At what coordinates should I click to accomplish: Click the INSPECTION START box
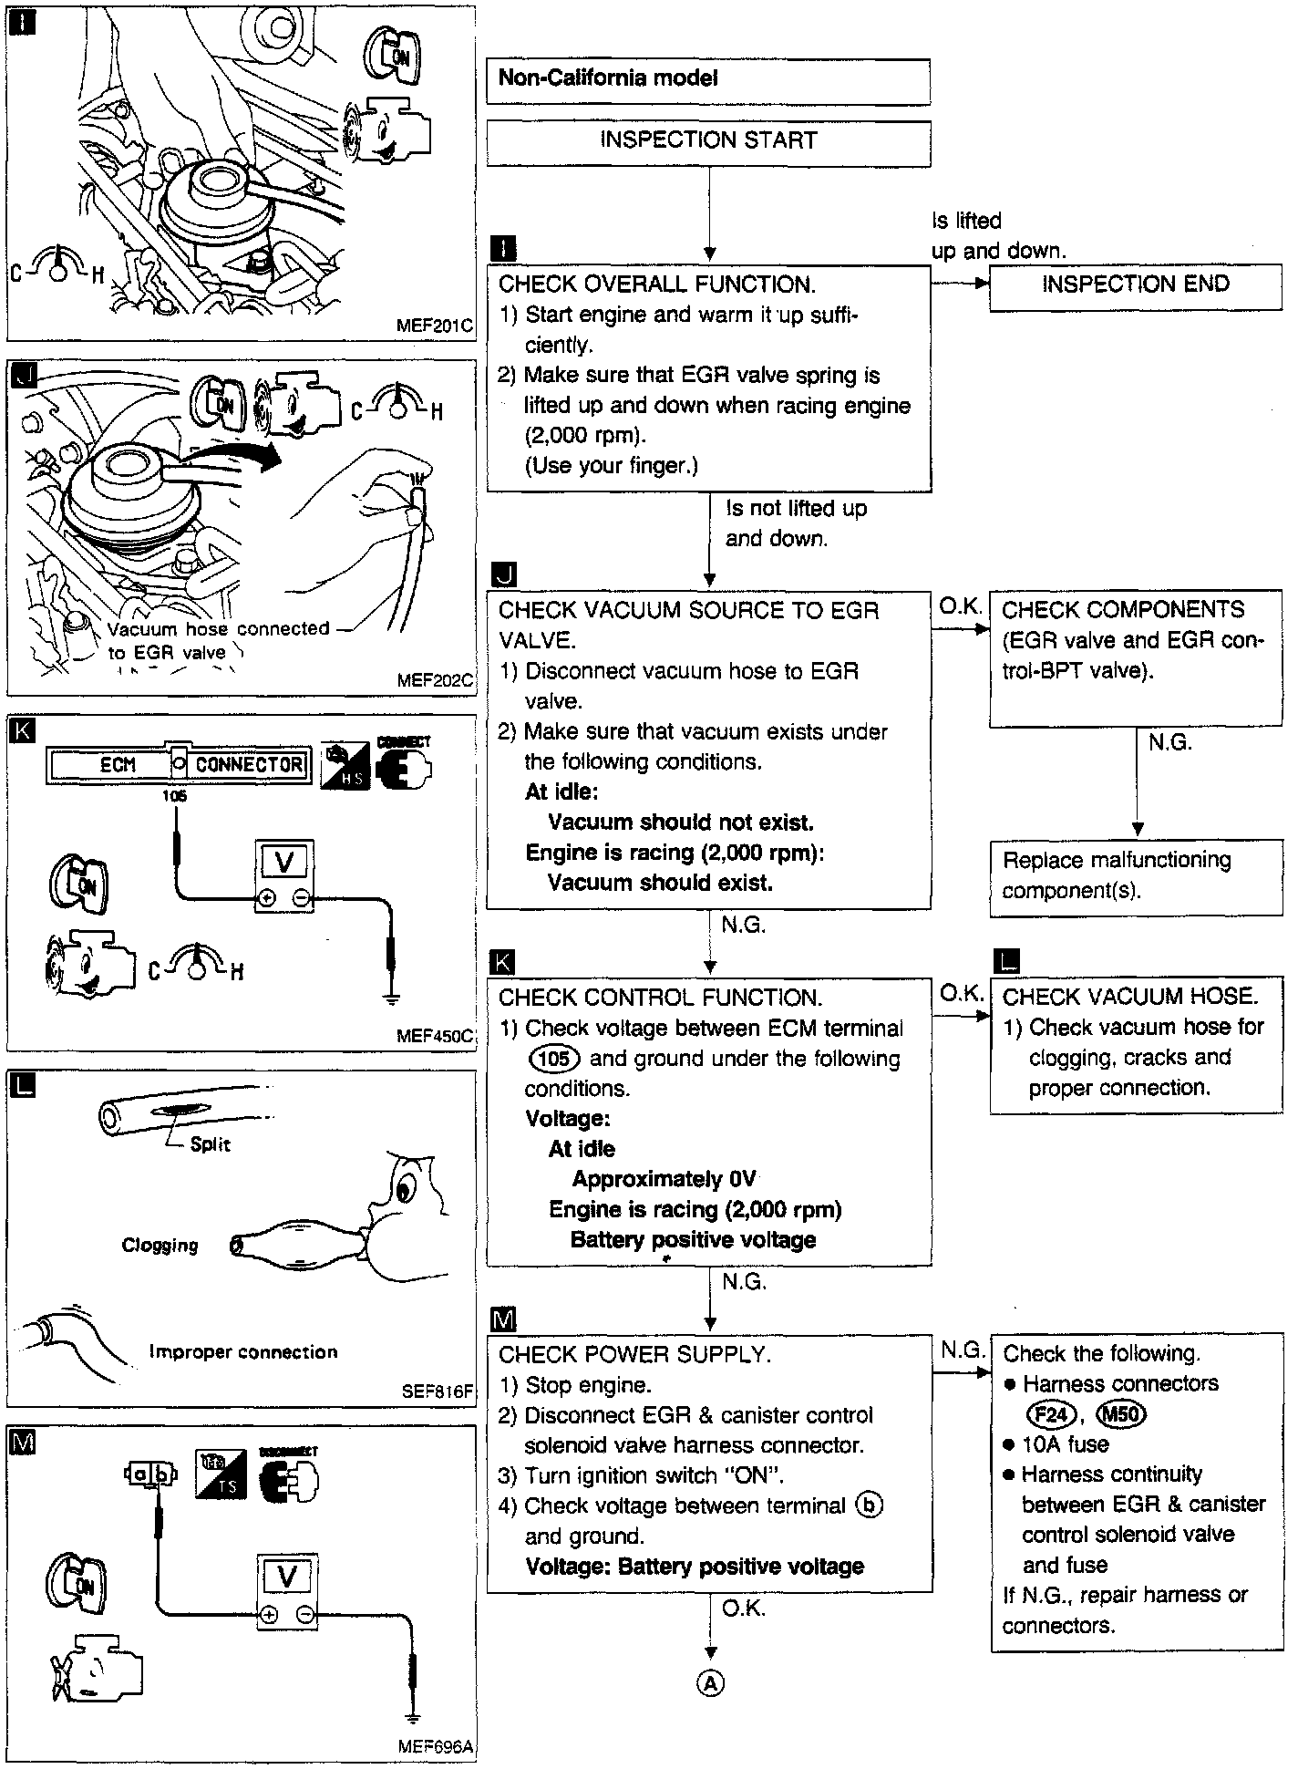click(708, 141)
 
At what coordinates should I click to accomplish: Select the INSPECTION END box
click(1135, 284)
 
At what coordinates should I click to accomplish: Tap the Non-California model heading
click(609, 78)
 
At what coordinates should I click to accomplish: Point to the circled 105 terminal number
click(554, 1059)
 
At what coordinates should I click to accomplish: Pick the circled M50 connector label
click(1120, 1414)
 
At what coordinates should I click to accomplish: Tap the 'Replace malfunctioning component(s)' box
click(1135, 876)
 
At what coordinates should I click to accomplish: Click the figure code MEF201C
click(435, 326)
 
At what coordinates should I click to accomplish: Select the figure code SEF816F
click(437, 1392)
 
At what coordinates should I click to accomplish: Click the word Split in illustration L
click(211, 1145)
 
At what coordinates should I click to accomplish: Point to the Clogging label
click(160, 1246)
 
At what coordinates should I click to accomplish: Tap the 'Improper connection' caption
click(243, 1352)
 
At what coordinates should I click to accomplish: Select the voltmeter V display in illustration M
click(286, 1576)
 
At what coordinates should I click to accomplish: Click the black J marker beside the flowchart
click(503, 574)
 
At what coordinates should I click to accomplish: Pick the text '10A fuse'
click(1065, 1444)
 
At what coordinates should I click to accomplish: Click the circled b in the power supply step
click(870, 1505)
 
